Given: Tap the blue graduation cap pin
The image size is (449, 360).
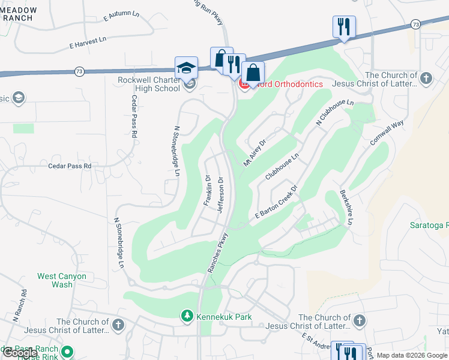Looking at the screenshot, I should pyautogui.click(x=186, y=68).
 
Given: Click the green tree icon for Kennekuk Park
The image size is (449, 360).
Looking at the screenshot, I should pyautogui.click(x=187, y=315).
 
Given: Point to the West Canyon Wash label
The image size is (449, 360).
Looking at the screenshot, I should pyautogui.click(x=62, y=280).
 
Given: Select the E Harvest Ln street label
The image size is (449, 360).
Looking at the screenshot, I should pyautogui.click(x=88, y=41).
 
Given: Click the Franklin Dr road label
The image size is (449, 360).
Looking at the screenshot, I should pyautogui.click(x=207, y=191).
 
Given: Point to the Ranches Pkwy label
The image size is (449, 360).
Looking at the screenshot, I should pyautogui.click(x=217, y=253).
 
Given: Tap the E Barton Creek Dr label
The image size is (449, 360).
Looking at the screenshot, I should pyautogui.click(x=276, y=205).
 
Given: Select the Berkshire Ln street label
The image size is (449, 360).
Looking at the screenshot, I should pyautogui.click(x=345, y=209).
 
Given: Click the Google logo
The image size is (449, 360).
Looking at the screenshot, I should pyautogui.click(x=20, y=353).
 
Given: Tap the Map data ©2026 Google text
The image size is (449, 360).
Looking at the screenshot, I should pyautogui.click(x=412, y=355).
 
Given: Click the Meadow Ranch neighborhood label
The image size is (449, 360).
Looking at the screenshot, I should pyautogui.click(x=18, y=14).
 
